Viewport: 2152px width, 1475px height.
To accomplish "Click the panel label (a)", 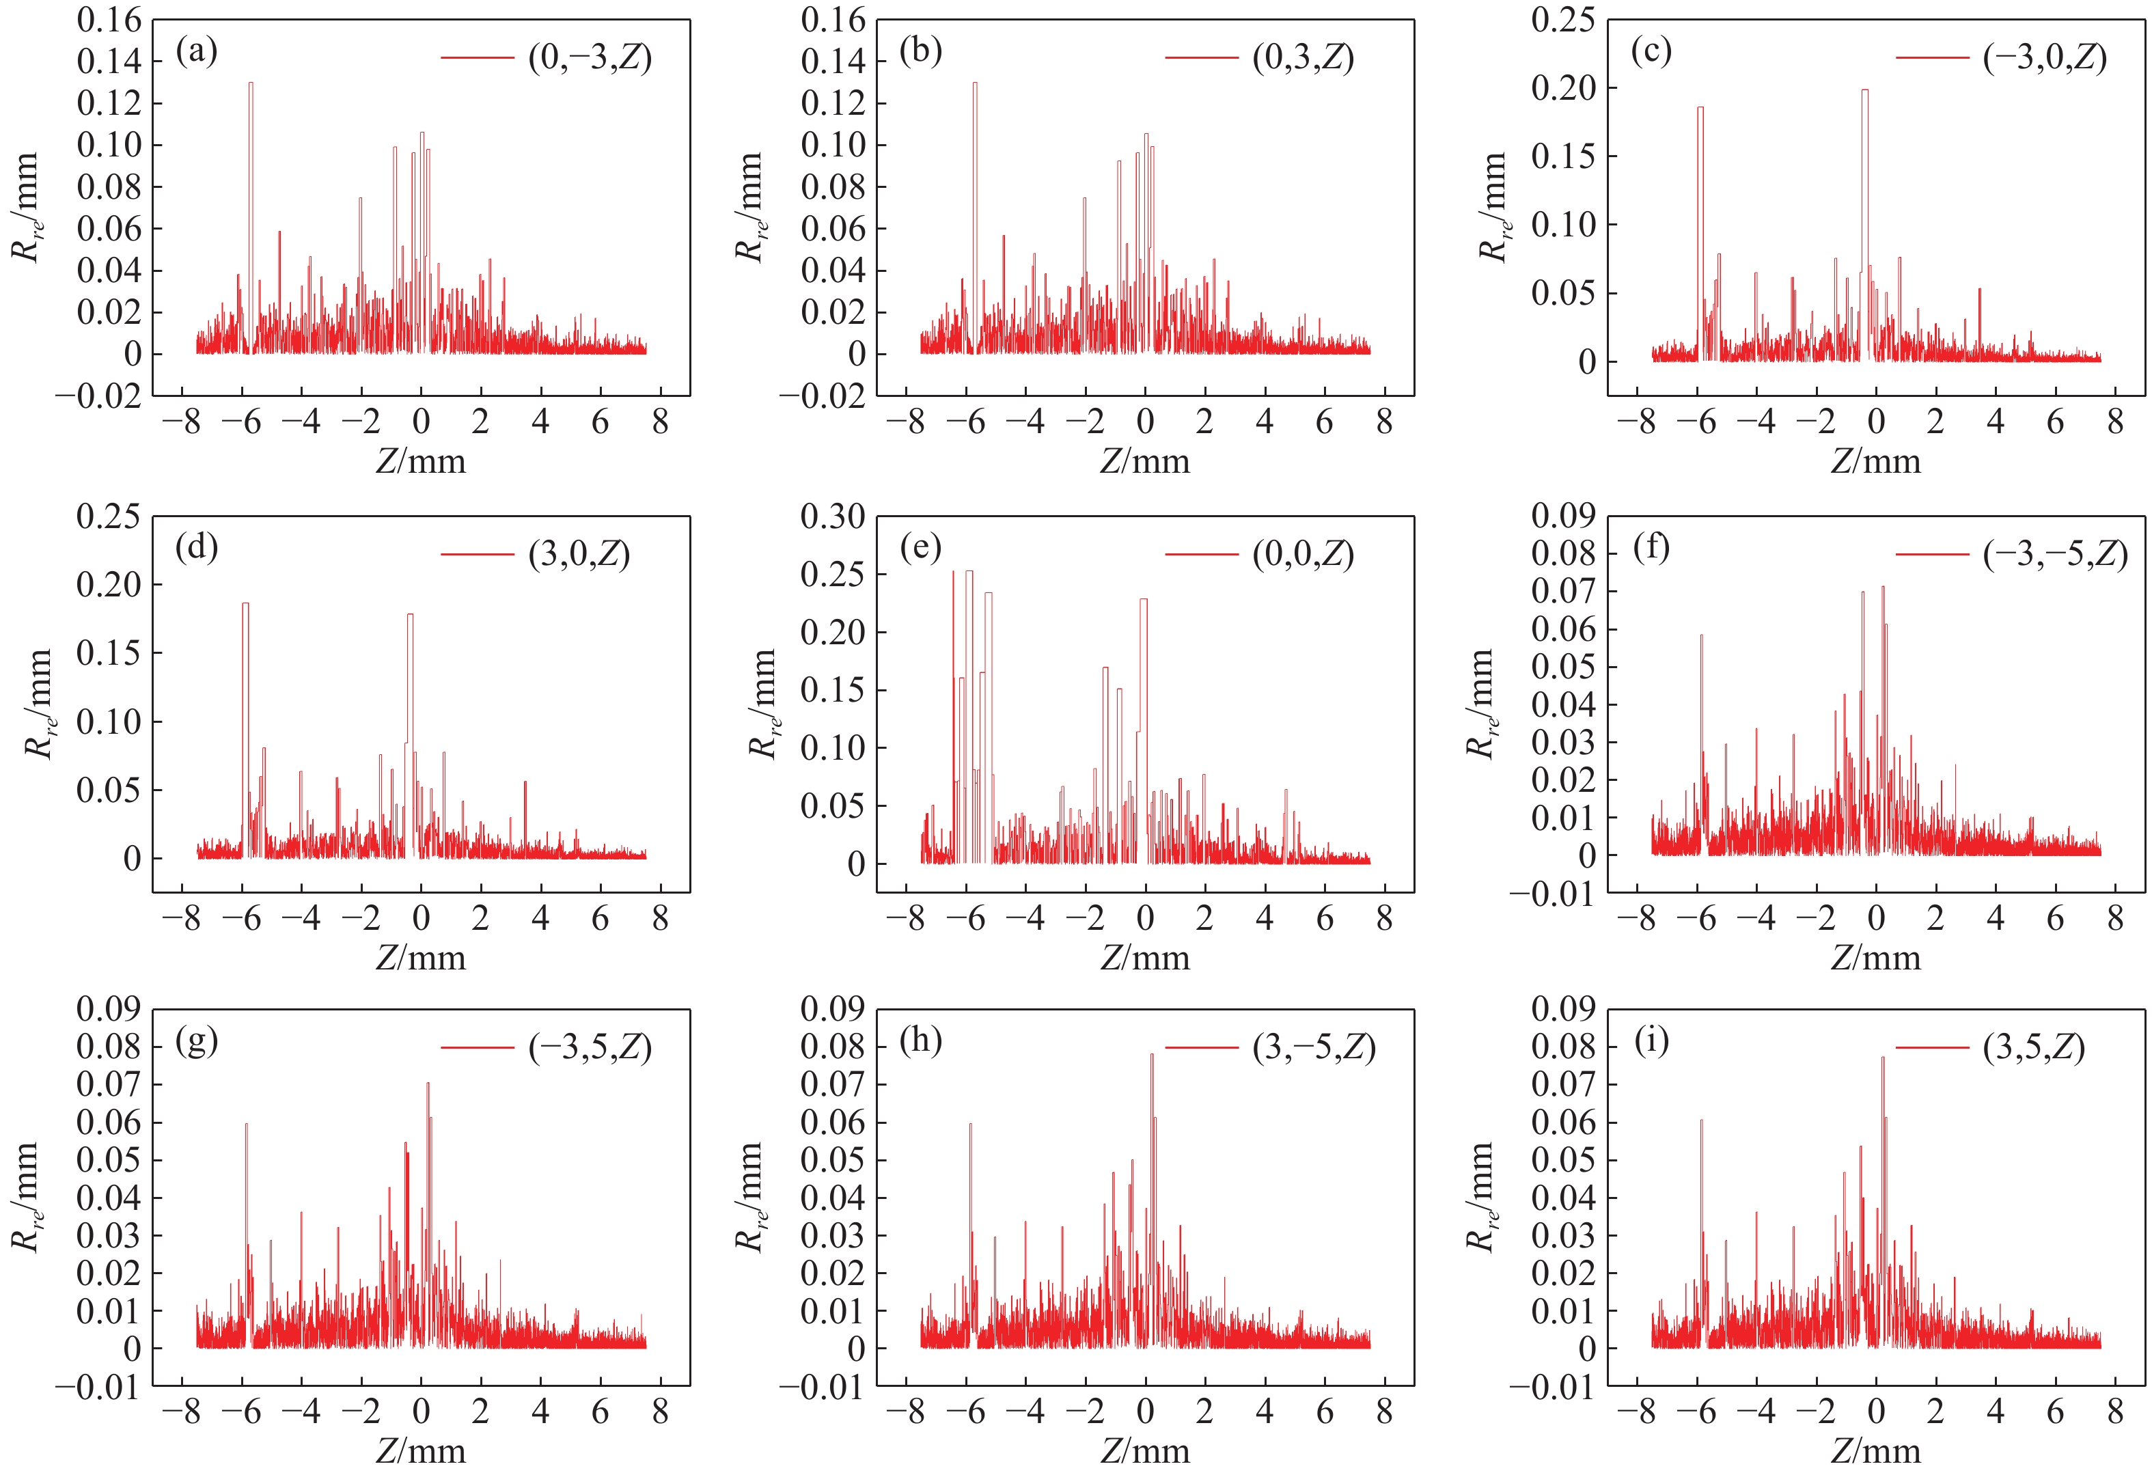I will pyautogui.click(x=196, y=53).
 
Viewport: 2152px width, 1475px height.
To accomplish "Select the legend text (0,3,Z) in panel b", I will pyautogui.click(x=1303, y=58).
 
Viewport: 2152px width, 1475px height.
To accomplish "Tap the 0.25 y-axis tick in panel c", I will pyautogui.click(x=1563, y=20).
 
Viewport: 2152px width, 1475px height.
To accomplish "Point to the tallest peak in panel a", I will pyautogui.click(x=250, y=84).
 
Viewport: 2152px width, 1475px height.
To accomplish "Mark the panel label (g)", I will pyautogui.click(x=196, y=1042).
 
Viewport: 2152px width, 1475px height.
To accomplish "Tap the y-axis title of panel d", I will pyautogui.click(x=37, y=703).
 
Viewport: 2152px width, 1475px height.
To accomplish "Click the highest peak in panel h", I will pyautogui.click(x=1152, y=1056).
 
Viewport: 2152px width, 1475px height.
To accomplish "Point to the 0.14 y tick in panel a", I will pyautogui.click(x=109, y=62).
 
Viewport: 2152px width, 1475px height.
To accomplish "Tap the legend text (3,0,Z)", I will pyautogui.click(x=579, y=555).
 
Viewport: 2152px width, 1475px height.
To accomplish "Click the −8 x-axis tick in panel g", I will pyautogui.click(x=180, y=1412).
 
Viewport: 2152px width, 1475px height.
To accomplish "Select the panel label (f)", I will pyautogui.click(x=1651, y=548).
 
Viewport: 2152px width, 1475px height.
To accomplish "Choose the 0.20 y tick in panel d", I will pyautogui.click(x=109, y=585).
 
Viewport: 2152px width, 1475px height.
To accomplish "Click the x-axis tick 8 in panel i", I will pyautogui.click(x=2115, y=1412).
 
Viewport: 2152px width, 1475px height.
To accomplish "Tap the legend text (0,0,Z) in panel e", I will pyautogui.click(x=1303, y=555).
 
